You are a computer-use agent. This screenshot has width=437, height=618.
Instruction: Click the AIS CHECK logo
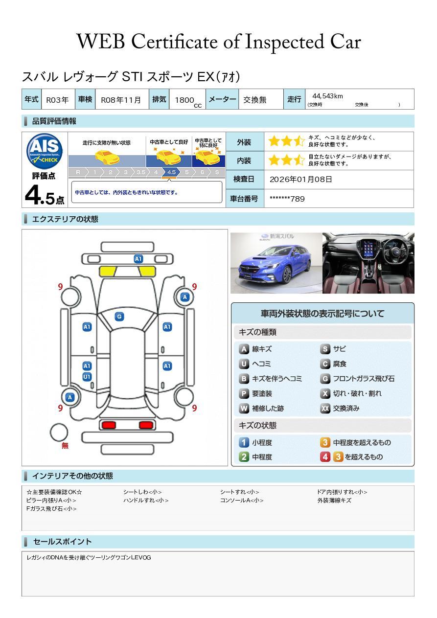45,151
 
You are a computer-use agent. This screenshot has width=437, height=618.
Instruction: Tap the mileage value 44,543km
327,96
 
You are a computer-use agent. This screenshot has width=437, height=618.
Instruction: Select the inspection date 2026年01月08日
300,179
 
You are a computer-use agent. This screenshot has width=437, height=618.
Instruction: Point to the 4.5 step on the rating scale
171,172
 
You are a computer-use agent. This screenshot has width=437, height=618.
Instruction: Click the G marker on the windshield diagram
119,317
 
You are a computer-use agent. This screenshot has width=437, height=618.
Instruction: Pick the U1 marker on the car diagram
87,377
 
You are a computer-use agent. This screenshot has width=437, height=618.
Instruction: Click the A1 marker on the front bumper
138,259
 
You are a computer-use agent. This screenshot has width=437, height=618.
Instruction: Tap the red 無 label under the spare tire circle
65,445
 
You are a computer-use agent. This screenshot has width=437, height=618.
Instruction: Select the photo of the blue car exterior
276,263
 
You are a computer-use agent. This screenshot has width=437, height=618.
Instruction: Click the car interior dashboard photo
368,263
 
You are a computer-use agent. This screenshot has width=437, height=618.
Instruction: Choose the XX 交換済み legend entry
340,408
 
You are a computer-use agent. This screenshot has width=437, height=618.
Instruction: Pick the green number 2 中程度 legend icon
244,457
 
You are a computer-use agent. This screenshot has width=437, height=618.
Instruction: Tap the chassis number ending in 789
287,199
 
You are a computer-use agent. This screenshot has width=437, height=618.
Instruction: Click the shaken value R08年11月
121,100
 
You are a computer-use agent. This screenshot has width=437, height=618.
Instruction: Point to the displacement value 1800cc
188,101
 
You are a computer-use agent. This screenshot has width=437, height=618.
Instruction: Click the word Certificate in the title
175,42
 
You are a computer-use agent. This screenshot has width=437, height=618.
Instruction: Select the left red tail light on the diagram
109,425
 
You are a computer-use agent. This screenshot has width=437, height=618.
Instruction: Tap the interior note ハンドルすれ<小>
146,500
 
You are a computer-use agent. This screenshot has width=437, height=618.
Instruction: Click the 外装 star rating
287,141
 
